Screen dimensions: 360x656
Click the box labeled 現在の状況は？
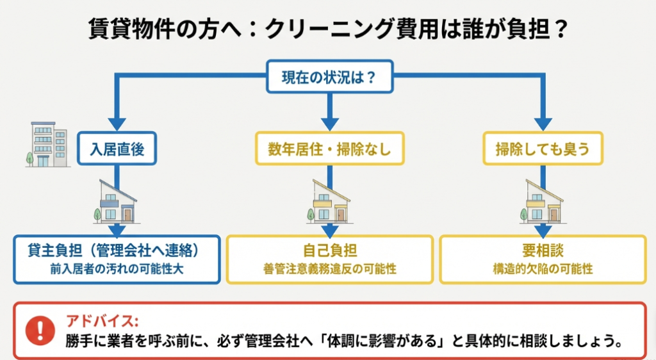[x=328, y=78]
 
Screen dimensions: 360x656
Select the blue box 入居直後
[x=117, y=149]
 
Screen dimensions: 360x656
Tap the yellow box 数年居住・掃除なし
[x=329, y=149]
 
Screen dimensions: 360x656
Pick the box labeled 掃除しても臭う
[x=542, y=149]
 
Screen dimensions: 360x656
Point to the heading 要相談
[x=542, y=250]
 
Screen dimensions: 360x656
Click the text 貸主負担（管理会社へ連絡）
[x=117, y=249]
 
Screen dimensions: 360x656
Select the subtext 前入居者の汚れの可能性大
[x=117, y=268]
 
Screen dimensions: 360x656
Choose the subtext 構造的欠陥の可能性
[x=542, y=269]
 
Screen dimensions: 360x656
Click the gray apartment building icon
[x=47, y=145]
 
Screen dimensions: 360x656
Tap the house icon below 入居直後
[x=117, y=201]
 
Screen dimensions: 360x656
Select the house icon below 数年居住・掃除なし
[x=329, y=201]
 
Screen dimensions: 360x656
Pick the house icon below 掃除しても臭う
[x=542, y=201]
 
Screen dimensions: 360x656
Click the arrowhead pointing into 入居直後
[x=117, y=123]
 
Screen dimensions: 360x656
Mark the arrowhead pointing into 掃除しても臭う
[x=542, y=123]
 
